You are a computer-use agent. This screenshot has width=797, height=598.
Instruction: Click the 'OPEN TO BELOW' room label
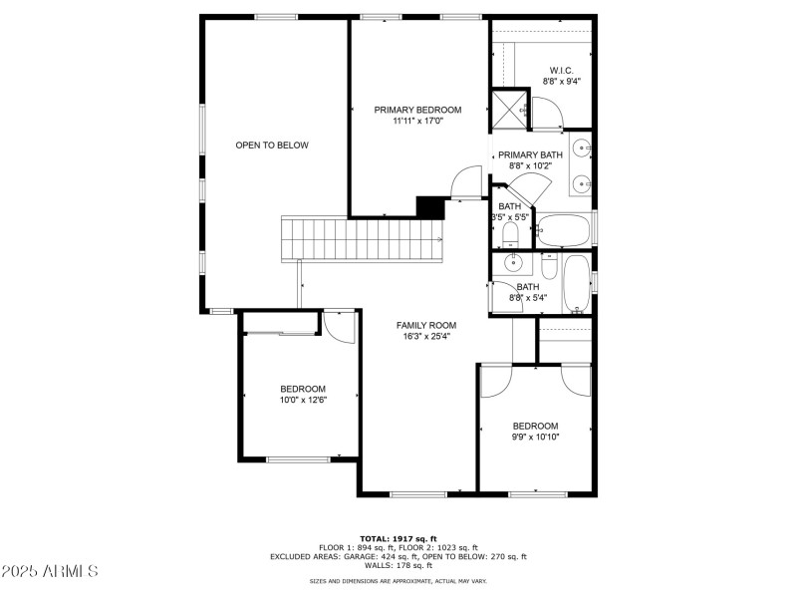click(x=272, y=146)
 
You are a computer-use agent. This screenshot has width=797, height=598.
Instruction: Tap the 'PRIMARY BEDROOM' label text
click(x=417, y=110)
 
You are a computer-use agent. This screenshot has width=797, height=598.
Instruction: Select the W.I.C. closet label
click(x=561, y=70)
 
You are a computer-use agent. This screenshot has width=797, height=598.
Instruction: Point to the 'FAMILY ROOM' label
click(x=425, y=325)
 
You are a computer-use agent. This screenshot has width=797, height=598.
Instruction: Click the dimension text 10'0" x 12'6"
click(x=302, y=400)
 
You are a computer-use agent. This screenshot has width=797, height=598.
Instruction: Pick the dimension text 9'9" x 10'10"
click(x=535, y=437)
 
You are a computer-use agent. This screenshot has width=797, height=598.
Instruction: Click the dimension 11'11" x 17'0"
click(x=417, y=122)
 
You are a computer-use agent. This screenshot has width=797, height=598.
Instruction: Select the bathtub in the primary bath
click(x=564, y=230)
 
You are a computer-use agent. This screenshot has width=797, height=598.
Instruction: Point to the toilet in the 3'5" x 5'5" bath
click(x=510, y=235)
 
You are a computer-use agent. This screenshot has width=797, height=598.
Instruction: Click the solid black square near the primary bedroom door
click(x=429, y=206)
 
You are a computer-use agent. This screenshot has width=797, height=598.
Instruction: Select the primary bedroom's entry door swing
click(x=464, y=184)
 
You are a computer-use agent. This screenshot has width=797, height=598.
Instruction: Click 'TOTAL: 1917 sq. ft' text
click(x=398, y=538)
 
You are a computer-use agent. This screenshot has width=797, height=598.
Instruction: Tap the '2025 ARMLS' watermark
click(x=49, y=571)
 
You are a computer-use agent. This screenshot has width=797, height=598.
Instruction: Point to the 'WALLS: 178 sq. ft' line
click(x=398, y=565)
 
